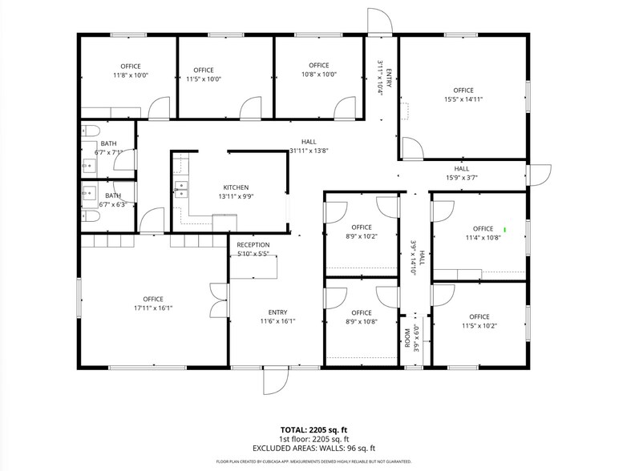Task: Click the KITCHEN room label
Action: coord(236,187)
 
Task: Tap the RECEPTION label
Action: coord(253,245)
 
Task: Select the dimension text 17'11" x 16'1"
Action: coord(153,308)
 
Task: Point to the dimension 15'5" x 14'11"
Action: coord(463,99)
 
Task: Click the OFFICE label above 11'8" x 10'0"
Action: coord(131,66)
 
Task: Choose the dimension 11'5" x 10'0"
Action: coord(204,79)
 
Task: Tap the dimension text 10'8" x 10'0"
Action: coord(318,74)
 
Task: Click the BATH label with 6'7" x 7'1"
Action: coord(108,143)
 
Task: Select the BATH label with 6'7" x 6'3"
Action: coord(113,195)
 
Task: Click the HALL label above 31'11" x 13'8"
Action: coord(309,141)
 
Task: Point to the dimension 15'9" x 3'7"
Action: coord(462,178)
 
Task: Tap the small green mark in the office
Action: coord(505,231)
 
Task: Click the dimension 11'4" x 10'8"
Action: coord(483,238)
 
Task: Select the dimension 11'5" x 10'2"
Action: coord(479,326)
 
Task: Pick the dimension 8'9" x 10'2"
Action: coord(362,236)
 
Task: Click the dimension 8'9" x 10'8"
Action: coord(362,322)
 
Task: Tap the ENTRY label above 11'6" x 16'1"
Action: coord(278,312)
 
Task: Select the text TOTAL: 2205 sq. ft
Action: coord(315,430)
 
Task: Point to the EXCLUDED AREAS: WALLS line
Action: coord(315,449)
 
